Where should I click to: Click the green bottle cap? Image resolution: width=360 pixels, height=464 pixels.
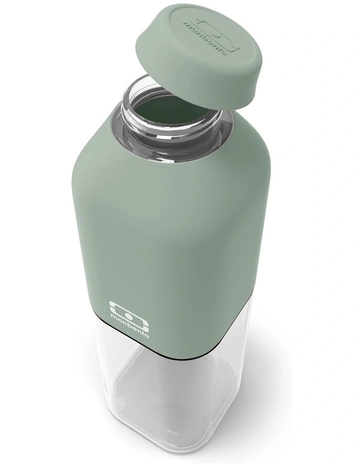point(199,60)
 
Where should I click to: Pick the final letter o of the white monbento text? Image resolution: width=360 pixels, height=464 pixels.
point(146,335)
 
